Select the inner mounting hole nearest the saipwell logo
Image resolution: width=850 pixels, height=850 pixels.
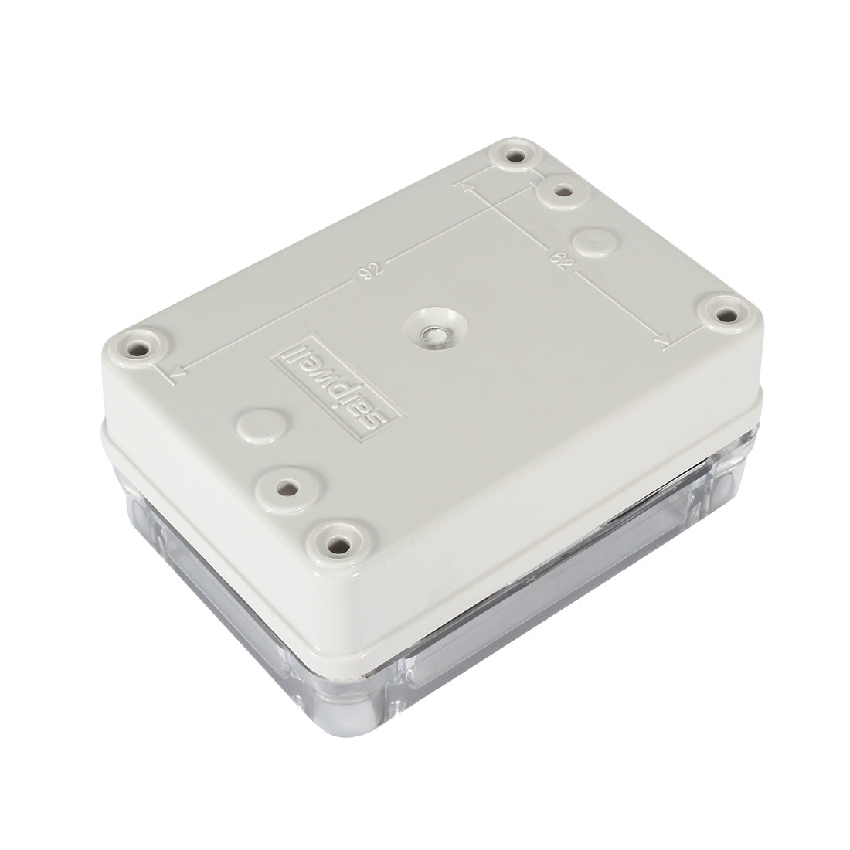pyautogui.click(x=287, y=488)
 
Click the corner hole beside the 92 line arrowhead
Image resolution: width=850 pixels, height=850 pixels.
pyautogui.click(x=139, y=348)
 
